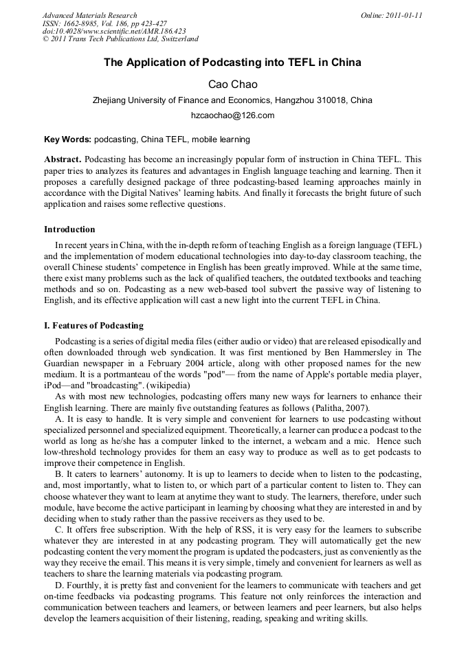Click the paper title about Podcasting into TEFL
coord(232,63)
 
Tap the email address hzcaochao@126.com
coord(232,115)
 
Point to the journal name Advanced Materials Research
coord(90,15)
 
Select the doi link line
coord(114,32)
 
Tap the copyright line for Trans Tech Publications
coord(120,39)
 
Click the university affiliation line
coord(232,100)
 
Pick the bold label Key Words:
coord(67,139)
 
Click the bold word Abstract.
coord(63,159)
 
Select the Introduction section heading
coord(69,230)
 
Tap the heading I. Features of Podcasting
coord(93,325)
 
